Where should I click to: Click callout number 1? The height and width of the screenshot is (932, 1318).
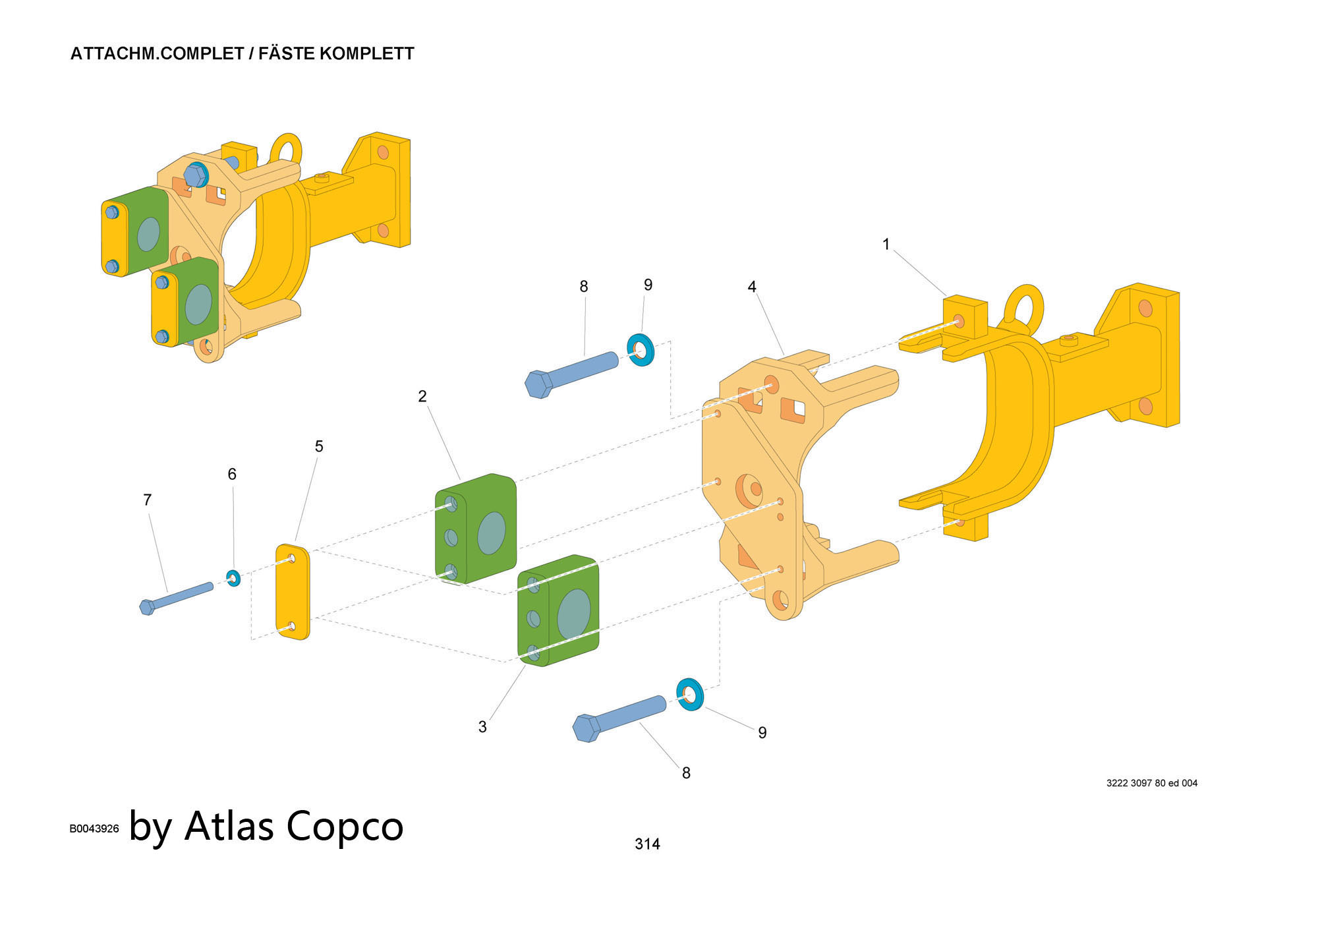pos(886,245)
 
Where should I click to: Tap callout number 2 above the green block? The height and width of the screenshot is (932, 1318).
pos(422,396)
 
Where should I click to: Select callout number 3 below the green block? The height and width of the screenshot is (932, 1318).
pos(482,726)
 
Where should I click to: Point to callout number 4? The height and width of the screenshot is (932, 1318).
pos(752,287)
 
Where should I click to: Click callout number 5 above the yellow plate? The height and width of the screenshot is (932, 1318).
pos(319,446)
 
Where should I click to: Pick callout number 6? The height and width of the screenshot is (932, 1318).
pos(232,474)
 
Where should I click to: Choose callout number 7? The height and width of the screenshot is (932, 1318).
pos(148,500)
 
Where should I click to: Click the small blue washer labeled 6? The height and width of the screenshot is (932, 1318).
pos(233,579)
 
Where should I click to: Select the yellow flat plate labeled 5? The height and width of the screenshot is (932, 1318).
pos(293,592)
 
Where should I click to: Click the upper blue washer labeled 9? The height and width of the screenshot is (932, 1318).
pos(640,350)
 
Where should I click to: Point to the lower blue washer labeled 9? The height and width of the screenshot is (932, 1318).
pos(690,695)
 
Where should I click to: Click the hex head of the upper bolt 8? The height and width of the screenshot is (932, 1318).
pos(539,384)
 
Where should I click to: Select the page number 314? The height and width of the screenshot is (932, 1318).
pos(647,844)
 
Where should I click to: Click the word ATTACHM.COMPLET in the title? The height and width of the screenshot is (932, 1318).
pos(157,54)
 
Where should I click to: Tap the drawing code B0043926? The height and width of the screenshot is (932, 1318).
pos(94,829)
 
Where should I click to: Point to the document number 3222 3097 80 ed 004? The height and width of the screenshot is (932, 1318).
pos(1151,783)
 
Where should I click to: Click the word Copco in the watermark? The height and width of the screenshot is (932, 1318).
pos(345,825)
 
